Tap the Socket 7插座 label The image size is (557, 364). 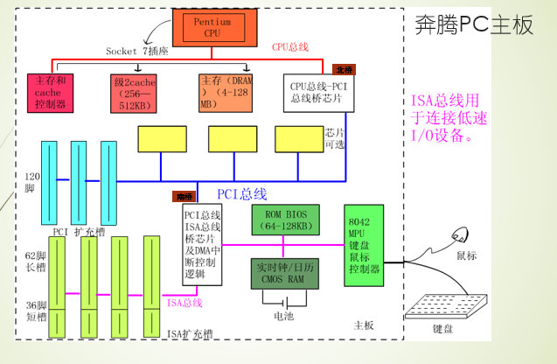(136, 51)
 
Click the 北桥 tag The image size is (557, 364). (344, 69)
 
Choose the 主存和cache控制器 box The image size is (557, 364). (51, 93)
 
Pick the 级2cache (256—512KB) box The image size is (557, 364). (134, 94)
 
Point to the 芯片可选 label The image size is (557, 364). (335, 137)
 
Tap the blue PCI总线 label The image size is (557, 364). (242, 194)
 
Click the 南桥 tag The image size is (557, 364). (184, 197)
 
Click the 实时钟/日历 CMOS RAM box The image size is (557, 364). (285, 272)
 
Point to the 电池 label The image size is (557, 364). (283, 316)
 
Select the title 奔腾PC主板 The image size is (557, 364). (473, 25)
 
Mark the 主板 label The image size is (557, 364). (364, 325)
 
